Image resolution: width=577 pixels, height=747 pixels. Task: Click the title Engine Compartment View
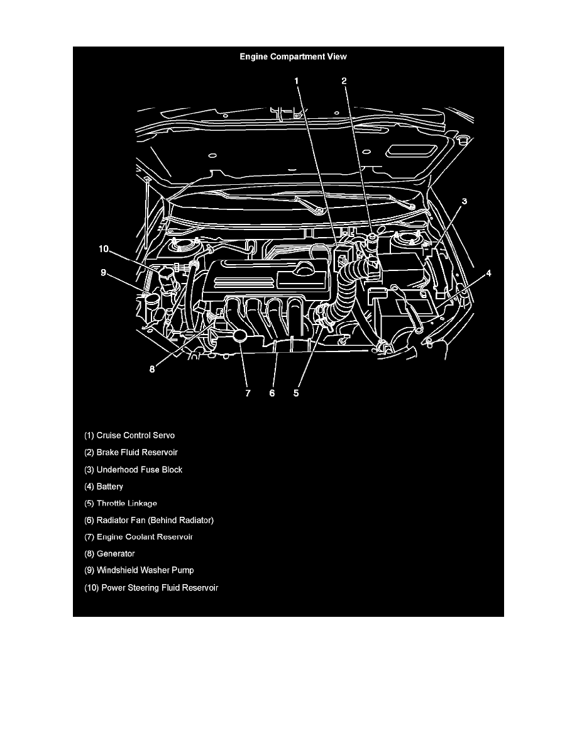tap(293, 57)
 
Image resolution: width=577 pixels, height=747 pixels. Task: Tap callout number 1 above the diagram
tap(297, 81)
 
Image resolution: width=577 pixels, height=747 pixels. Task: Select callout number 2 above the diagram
tap(344, 81)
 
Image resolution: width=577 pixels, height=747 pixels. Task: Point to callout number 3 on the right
tap(464, 201)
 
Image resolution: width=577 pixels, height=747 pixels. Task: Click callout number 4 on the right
tap(488, 274)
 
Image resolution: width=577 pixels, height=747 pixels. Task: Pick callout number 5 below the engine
tap(296, 393)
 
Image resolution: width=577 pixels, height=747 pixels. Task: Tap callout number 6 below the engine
tap(272, 393)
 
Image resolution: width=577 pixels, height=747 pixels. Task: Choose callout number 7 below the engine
tap(248, 393)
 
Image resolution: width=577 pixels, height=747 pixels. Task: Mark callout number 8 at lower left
tap(152, 369)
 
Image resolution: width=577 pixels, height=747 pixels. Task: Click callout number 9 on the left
tap(103, 273)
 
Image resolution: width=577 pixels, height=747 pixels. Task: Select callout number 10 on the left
tap(104, 248)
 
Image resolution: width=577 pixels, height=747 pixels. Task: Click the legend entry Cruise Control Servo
tap(129, 435)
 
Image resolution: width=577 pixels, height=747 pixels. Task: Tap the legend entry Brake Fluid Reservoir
tap(131, 453)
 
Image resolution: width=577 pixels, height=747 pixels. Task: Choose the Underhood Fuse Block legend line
tap(133, 470)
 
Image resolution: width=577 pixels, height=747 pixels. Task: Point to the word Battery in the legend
tap(110, 487)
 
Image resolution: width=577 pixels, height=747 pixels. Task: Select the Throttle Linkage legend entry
tap(121, 504)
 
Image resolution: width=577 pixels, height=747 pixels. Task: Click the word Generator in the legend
tap(116, 553)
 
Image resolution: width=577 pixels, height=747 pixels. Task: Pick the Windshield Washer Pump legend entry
tap(139, 570)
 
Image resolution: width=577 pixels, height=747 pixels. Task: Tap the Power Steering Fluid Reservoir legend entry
tap(151, 588)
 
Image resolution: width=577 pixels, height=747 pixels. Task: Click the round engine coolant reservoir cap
tap(240, 336)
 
